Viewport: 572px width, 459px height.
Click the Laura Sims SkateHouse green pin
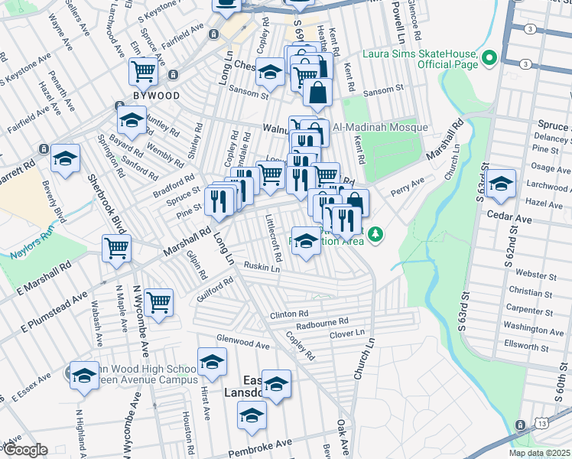tap(488, 58)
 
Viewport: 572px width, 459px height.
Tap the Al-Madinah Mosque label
tap(374, 127)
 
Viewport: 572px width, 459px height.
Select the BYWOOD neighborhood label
tap(157, 96)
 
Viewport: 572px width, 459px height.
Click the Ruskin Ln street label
tap(262, 267)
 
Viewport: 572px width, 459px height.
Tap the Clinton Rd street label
tap(288, 314)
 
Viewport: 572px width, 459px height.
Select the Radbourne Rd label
tap(322, 321)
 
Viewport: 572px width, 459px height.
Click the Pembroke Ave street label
tap(262, 443)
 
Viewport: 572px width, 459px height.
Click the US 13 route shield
tap(520, 424)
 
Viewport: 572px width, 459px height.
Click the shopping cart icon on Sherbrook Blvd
tap(117, 247)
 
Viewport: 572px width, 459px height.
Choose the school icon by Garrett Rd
tap(66, 158)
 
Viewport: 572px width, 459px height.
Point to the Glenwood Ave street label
tap(243, 346)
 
